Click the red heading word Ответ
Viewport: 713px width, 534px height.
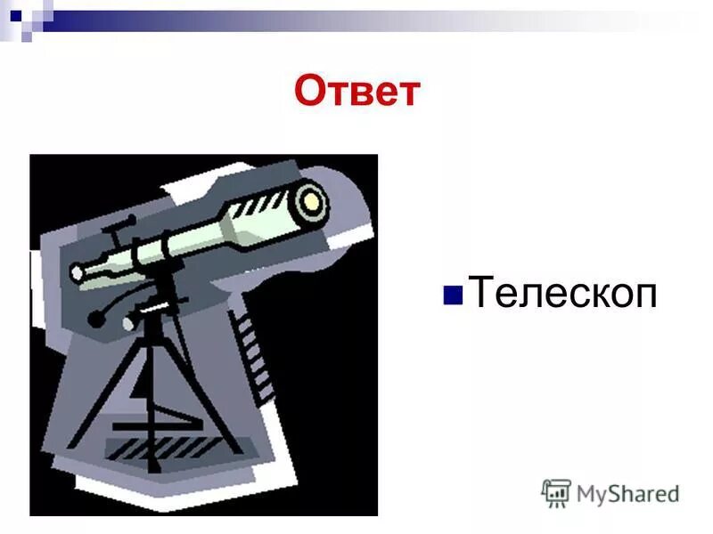356,91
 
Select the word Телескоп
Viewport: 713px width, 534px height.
563,292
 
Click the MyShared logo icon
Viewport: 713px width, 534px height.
556,492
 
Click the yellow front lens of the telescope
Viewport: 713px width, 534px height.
312,200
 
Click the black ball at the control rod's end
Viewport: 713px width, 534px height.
94,319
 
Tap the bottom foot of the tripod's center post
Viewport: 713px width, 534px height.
154,463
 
